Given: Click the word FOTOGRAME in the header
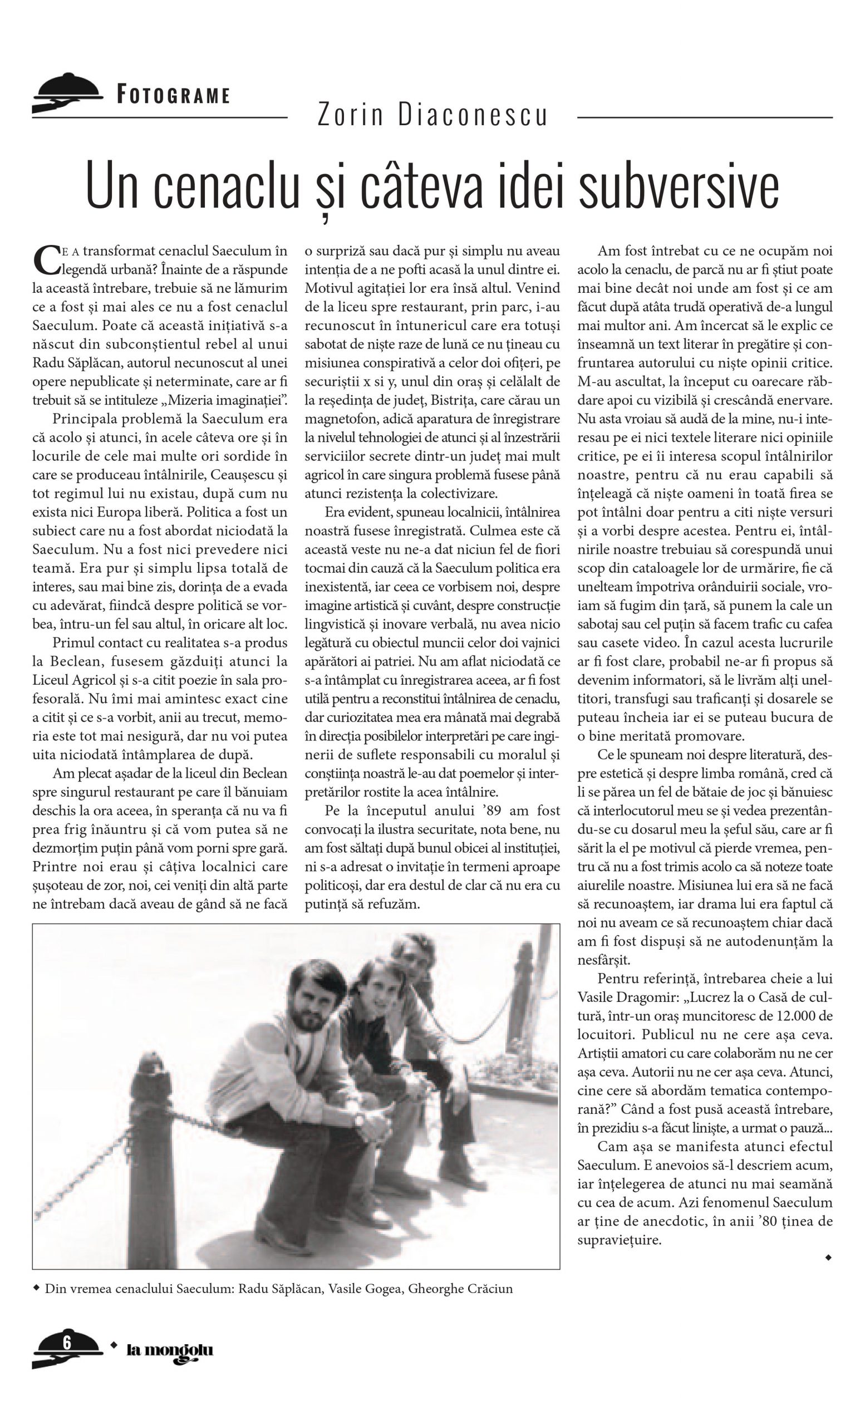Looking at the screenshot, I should point(173,95).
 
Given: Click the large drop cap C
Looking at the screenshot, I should point(45,259).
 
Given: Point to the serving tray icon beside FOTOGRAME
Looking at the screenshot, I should point(67,92).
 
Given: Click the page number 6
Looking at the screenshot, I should point(67,1342).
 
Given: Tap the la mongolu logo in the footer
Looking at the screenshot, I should point(169,1350).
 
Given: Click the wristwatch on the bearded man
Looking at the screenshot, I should point(359,1119).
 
